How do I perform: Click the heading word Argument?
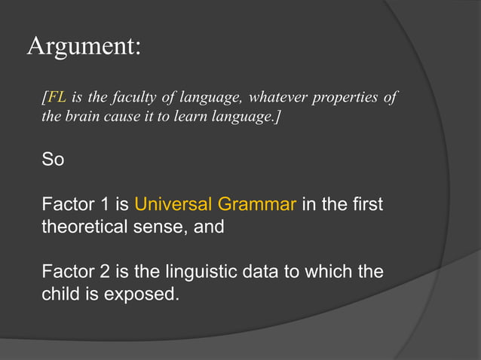pyautogui.click(x=84, y=47)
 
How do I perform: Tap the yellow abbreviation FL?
pyautogui.click(x=57, y=98)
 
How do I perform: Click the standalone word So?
pyautogui.click(x=53, y=160)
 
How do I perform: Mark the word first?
pyautogui.click(x=367, y=204)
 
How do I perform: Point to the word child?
pyautogui.click(x=61, y=292)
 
